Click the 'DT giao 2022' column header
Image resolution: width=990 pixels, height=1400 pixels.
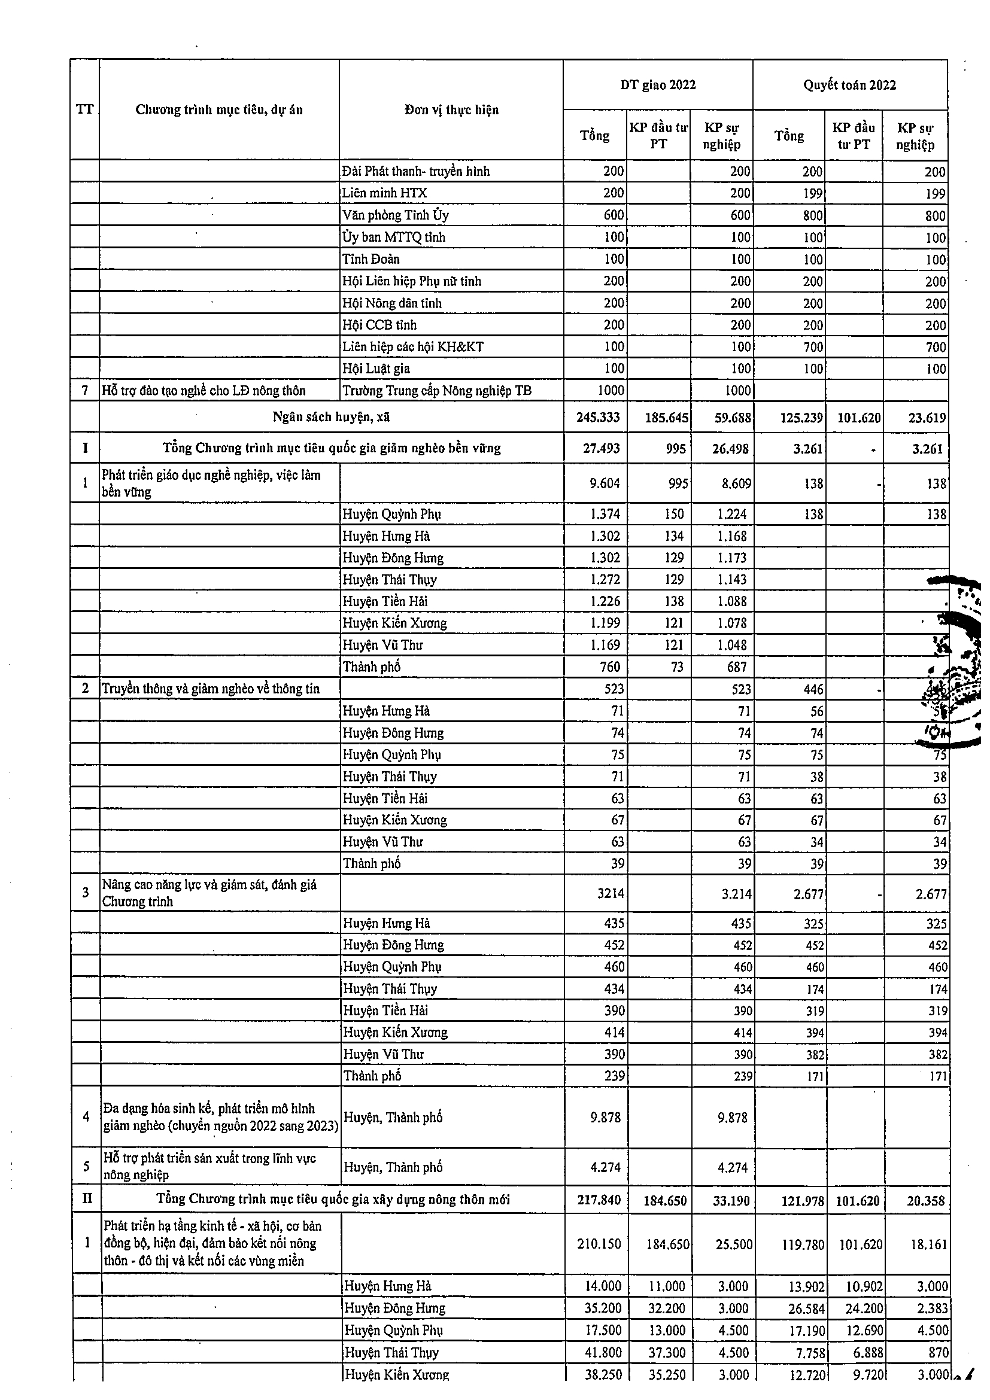(658, 85)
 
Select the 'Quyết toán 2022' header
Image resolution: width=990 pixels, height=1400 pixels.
(849, 85)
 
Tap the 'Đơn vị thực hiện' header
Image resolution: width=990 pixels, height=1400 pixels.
(451, 109)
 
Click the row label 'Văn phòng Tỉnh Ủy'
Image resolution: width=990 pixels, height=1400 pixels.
(395, 215)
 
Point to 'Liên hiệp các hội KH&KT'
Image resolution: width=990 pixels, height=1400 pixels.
(412, 347)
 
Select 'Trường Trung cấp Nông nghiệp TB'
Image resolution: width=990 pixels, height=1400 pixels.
(437, 391)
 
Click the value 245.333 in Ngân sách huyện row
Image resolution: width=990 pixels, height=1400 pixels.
(598, 418)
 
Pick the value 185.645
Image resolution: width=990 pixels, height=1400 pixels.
(667, 418)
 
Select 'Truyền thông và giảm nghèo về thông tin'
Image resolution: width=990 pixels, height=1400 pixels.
(211, 689)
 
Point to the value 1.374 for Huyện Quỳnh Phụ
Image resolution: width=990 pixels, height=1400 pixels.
(605, 514)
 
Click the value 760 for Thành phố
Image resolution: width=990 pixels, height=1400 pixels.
(609, 667)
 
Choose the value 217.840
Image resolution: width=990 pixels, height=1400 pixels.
(599, 1201)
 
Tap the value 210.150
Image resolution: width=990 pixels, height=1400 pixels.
(599, 1244)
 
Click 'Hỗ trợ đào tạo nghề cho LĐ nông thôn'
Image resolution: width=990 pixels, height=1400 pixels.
(204, 391)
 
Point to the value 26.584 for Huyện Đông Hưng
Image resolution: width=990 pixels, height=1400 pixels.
(803, 1308)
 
